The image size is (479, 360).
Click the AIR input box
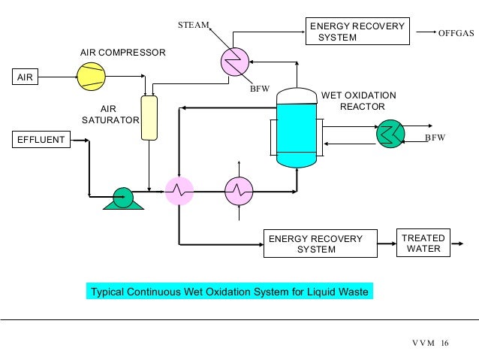tap(26, 77)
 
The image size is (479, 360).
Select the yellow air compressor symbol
tap(91, 75)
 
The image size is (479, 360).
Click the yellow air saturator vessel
tap(150, 117)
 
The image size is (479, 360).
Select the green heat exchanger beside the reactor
tap(390, 134)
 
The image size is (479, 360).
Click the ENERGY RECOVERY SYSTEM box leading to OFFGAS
tap(357, 32)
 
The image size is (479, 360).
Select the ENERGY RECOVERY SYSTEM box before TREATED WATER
tap(315, 244)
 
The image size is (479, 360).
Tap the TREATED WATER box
tap(423, 244)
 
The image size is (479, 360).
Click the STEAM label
tap(193, 26)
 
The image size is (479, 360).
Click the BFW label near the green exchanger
tap(435, 138)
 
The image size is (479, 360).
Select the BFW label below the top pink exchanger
tap(258, 89)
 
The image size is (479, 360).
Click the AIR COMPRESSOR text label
tap(122, 53)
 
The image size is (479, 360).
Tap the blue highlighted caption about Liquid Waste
tap(229, 292)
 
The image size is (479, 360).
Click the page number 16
tap(444, 343)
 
